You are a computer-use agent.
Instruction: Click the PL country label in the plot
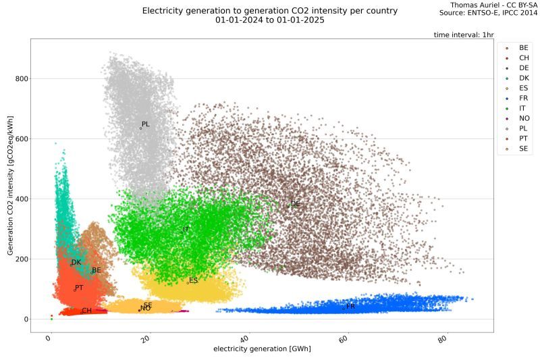pos(146,124)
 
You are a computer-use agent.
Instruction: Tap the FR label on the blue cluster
pos(350,307)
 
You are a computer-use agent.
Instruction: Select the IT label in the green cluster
pos(186,230)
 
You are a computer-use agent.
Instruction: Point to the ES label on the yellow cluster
pos(194,280)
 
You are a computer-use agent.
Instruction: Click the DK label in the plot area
pos(76,263)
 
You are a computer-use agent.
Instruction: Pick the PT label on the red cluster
pos(79,288)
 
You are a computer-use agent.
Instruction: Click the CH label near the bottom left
pos(86,311)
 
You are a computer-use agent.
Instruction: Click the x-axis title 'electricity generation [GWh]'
pos(262,349)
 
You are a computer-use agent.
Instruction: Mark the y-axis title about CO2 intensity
pos(11,185)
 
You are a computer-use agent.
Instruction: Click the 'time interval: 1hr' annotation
pos(463,34)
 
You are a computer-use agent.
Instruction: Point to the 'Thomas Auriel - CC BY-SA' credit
pos(493,5)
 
